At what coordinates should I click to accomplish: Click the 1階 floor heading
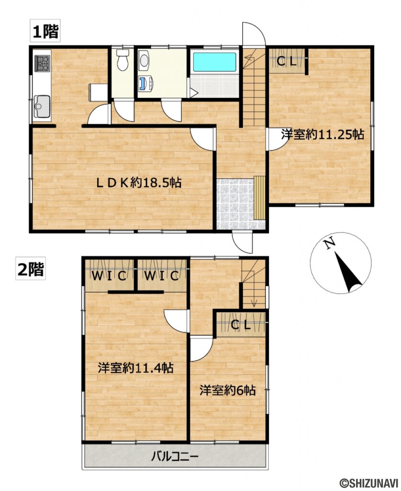pyautogui.click(x=45, y=32)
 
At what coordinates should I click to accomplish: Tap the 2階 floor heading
pyautogui.click(x=31, y=269)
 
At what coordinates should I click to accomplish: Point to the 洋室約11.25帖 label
pyautogui.click(x=322, y=135)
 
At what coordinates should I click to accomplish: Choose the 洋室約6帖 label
pyautogui.click(x=227, y=390)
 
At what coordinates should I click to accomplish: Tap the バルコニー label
pyautogui.click(x=175, y=456)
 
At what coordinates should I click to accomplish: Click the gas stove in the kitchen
pyautogui.click(x=42, y=62)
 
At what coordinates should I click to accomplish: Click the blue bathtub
pyautogui.click(x=214, y=62)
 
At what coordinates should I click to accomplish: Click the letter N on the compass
pyautogui.click(x=329, y=245)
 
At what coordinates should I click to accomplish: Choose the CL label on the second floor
pyautogui.click(x=241, y=325)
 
